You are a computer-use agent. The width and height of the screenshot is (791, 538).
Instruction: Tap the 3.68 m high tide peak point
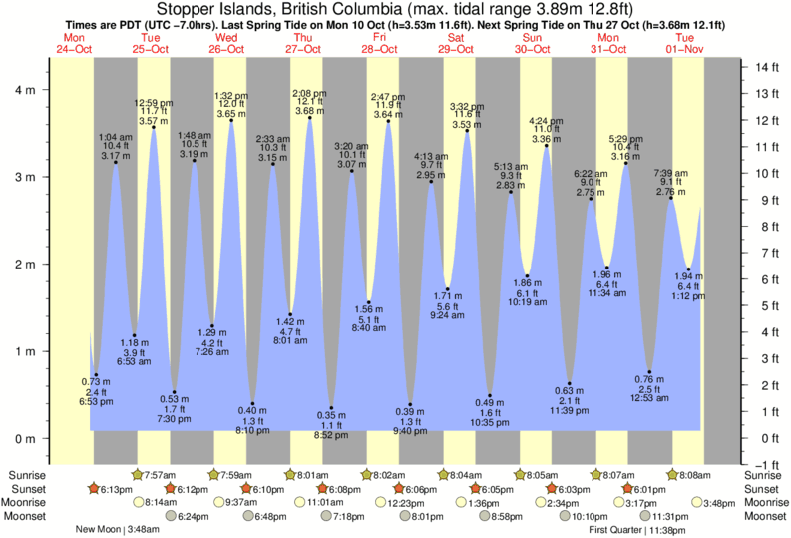pyautogui.click(x=310, y=118)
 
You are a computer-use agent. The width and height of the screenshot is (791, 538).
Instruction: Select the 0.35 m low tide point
pyautogui.click(x=332, y=408)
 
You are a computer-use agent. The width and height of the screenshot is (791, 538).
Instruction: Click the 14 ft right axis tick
pyautogui.click(x=766, y=67)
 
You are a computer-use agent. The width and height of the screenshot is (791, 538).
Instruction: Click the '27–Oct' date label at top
pyautogui.click(x=302, y=48)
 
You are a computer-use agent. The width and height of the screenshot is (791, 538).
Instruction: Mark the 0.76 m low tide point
pyautogui.click(x=649, y=372)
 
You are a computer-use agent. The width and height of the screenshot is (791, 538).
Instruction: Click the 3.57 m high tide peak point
pyautogui.click(x=154, y=127)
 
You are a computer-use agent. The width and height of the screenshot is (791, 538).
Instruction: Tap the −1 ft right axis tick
pyautogui.click(x=766, y=464)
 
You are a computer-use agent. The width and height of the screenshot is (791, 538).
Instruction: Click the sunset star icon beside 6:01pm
pyautogui.click(x=627, y=489)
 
